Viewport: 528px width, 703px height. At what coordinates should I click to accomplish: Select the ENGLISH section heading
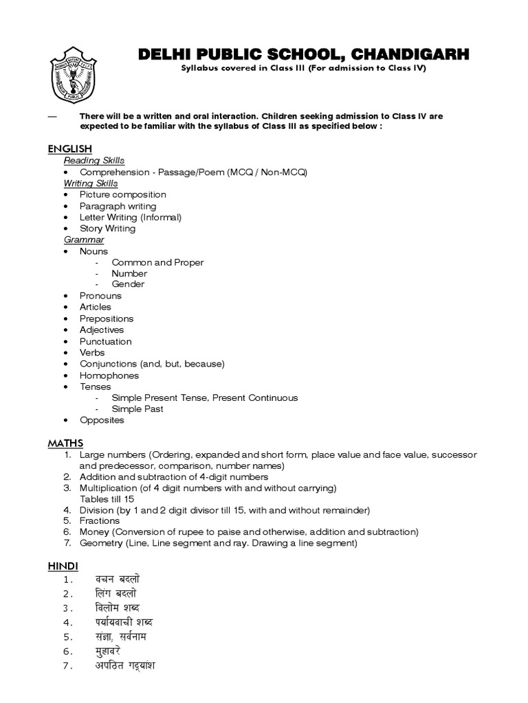coord(69,149)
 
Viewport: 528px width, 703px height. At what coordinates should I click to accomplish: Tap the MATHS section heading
coord(65,443)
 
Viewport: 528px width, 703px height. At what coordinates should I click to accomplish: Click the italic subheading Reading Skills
coord(93,161)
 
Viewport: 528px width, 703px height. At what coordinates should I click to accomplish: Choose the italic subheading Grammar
coord(84,240)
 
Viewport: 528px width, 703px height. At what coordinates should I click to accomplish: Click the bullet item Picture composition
coord(122,194)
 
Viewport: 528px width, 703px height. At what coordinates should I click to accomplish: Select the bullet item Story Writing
coord(107,229)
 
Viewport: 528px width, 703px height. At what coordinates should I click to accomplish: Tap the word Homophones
coord(109,376)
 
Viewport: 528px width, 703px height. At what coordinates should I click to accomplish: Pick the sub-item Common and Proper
coord(157,262)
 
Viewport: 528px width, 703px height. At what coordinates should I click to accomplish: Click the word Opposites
coord(102,420)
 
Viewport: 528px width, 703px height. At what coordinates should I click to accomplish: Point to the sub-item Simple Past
coord(137,409)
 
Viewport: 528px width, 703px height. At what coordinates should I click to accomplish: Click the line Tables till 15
coord(107,499)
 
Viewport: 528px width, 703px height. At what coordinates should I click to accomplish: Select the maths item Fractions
coord(100,521)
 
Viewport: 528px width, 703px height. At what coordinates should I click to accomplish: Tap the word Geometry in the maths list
coord(101,543)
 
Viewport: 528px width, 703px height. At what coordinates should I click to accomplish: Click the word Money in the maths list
coord(94,532)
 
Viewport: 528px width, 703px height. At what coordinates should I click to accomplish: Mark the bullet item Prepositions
coord(107,319)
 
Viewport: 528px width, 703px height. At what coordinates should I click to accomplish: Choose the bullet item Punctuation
coord(105,341)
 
